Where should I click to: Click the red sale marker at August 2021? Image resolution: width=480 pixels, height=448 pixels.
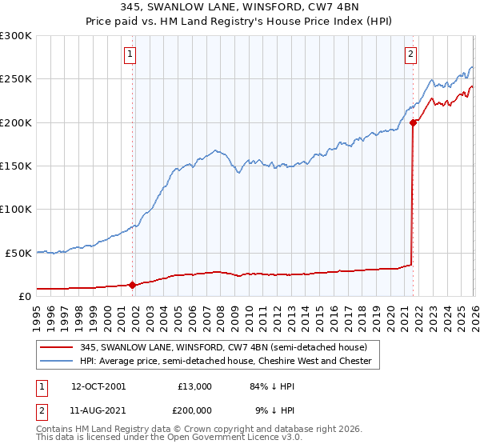point(413,122)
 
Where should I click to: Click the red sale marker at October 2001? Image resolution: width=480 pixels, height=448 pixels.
point(133,284)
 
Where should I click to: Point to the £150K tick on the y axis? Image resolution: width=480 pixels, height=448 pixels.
point(16,166)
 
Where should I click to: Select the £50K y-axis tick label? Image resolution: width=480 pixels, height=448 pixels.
point(19,252)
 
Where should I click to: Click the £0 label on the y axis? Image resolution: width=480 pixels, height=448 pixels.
point(26,295)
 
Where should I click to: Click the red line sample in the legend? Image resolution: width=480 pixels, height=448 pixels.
point(58,348)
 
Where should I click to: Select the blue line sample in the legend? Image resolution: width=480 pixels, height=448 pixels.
point(58,362)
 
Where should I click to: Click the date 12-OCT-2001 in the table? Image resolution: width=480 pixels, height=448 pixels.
point(98,386)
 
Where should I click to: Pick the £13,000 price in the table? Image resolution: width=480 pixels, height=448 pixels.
point(194,386)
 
